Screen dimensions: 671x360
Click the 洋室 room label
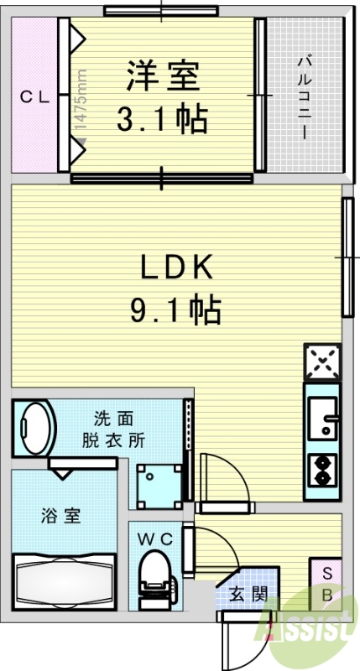pos(164,76)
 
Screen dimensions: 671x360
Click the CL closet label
pos(35,96)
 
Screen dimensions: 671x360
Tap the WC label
pos(156,539)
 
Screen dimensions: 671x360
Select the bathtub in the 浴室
pos(64,579)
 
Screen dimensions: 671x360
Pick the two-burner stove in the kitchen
pos(323,471)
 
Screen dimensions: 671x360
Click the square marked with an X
pos(323,362)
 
